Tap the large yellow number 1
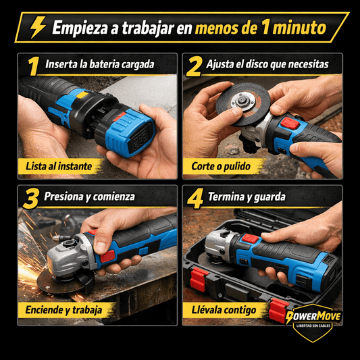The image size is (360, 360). coord(32,66)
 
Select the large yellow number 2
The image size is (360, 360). coord(194,66)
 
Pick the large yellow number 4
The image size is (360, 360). coord(195,198)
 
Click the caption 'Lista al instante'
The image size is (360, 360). coord(59,165)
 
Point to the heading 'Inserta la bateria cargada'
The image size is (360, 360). coord(100,66)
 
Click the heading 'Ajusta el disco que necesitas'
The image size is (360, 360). coord(267,66)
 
